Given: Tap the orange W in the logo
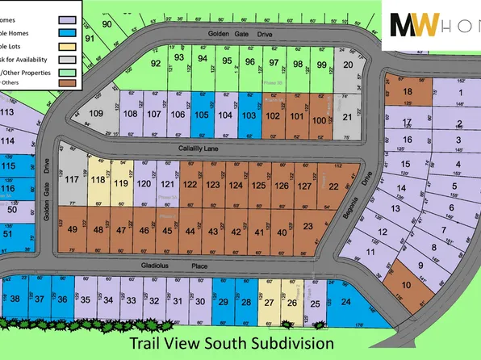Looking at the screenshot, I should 427,25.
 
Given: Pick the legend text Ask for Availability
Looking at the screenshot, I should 28,60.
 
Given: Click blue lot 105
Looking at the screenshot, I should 202,115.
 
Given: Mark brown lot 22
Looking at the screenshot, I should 333,186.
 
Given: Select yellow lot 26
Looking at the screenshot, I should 292,303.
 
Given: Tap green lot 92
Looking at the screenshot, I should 157,63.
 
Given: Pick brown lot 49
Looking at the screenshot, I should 73,230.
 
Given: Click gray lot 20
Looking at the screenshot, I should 347,65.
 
